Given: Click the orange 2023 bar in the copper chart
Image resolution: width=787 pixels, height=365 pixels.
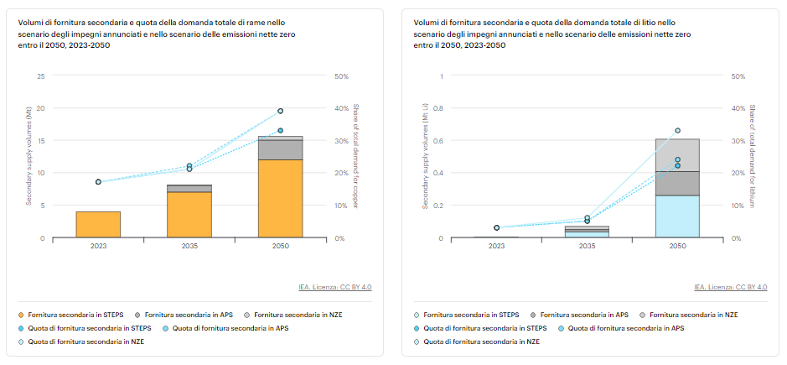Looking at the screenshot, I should [x=98, y=224].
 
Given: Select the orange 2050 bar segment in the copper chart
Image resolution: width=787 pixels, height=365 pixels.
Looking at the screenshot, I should [x=280, y=199].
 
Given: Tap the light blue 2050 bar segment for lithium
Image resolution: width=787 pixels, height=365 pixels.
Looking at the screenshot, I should [x=677, y=216].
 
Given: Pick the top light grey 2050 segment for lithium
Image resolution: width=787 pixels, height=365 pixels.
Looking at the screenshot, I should [x=677, y=155].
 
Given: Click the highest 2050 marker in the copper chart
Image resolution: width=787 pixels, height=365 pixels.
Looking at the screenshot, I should [x=280, y=111].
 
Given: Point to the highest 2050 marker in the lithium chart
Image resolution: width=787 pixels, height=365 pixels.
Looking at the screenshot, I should [x=677, y=130].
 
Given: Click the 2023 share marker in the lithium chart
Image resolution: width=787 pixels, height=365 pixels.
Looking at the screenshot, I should [x=496, y=227].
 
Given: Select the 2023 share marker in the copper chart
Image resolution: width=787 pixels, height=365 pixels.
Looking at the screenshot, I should [x=98, y=182].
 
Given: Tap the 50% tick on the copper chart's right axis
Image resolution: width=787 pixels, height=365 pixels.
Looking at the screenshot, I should [x=342, y=76].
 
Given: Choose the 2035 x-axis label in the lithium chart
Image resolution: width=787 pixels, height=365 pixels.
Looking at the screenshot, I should [x=587, y=247].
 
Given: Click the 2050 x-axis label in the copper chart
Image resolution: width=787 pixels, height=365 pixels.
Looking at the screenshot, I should [x=280, y=247].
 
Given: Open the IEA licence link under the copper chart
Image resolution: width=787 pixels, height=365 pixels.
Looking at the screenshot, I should [x=334, y=287].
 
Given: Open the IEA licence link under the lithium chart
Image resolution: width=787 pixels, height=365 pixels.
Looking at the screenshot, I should [x=730, y=287].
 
